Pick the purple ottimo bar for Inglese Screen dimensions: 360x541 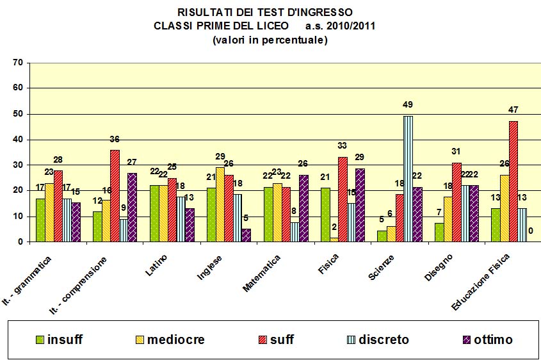[246, 235]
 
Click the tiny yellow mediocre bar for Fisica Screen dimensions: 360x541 [334, 240]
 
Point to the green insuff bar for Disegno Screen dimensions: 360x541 [439, 232]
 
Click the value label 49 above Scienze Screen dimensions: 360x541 [408, 105]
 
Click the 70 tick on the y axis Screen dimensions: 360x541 [17, 63]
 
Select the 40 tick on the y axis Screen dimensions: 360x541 [17, 140]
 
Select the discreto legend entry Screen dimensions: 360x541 [378, 340]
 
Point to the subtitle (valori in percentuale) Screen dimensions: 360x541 [270, 40]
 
